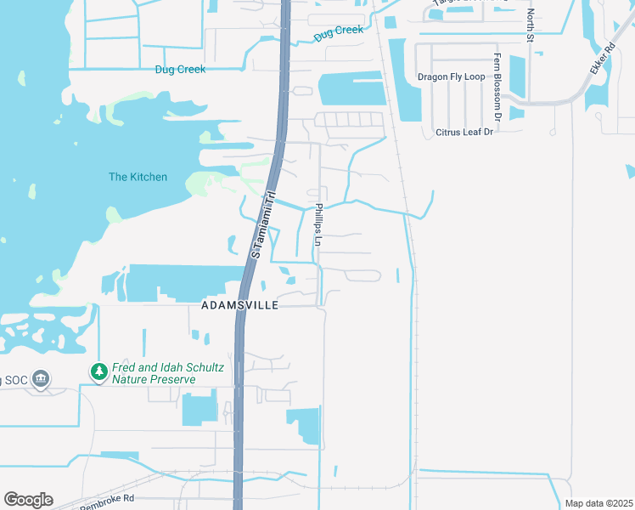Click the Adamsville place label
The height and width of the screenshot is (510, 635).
tap(239, 304)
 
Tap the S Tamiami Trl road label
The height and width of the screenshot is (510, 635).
tap(264, 224)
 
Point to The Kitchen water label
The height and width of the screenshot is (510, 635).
tap(138, 177)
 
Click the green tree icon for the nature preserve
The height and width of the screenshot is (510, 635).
tap(99, 372)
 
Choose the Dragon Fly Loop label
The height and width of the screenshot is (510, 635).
tap(451, 76)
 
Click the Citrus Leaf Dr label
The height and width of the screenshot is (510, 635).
tap(464, 133)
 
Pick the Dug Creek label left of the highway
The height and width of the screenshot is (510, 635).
tap(180, 70)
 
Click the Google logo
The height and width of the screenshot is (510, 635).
tap(28, 500)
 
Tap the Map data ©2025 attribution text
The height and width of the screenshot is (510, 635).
tap(598, 503)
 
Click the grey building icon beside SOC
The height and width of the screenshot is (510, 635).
tap(41, 378)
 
